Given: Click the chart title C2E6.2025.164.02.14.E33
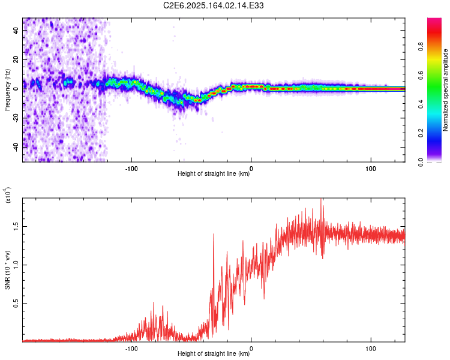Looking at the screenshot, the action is point(213,5).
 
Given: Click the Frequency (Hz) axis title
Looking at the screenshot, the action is point(7,90).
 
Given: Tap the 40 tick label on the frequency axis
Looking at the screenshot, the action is point(16,30).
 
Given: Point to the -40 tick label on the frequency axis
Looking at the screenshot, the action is point(16,147).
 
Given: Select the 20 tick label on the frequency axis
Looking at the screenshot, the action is point(16,59).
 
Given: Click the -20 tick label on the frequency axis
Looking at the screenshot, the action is point(16,118).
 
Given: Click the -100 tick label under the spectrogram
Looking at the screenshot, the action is point(131,169).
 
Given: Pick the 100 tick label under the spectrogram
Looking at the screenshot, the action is point(371,169).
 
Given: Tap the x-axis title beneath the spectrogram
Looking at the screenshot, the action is point(214,173).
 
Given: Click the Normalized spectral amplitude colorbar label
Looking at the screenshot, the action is point(445,90).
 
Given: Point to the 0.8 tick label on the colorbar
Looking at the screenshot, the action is point(421,46).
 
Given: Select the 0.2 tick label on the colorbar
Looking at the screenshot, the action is point(421,133).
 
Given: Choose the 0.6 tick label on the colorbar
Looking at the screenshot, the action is point(421,75).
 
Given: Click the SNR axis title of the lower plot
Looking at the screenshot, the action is point(7,270).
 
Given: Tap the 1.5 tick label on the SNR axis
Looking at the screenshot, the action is point(16,227).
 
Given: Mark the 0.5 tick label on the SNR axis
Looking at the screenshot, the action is point(16,304).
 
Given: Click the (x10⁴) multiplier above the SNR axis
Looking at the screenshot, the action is point(7,195).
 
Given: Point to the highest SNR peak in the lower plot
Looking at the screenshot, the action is point(321,199).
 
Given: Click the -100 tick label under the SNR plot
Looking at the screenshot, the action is point(131,349).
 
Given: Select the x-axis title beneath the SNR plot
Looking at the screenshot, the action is point(214,353).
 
